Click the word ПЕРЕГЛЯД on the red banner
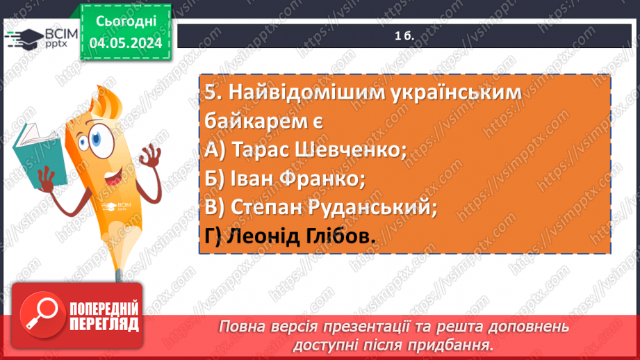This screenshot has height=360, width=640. coord(104,324)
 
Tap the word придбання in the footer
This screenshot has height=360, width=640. coord(458,344)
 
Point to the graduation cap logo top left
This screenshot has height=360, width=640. coord(25,38)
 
